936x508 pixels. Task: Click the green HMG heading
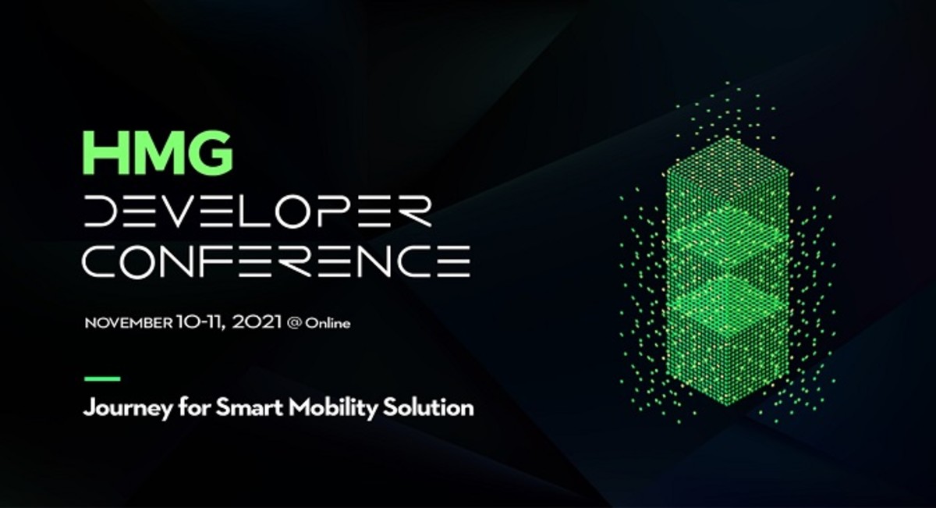pos(158,153)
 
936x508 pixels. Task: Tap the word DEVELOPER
pos(257,211)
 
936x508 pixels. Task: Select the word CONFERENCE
pos(277,261)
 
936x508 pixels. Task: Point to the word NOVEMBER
pos(128,323)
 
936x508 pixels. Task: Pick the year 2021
pos(257,322)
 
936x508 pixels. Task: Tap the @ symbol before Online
pos(294,323)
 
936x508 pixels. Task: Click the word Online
pos(327,324)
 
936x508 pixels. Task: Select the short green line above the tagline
pos(102,378)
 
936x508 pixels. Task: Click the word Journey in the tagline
pos(127,408)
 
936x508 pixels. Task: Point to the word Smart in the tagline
pos(249,407)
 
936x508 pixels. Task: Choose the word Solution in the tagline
pos(429,407)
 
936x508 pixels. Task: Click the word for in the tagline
pos(194,407)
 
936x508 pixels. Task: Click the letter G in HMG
pos(211,153)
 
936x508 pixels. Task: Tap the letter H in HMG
pos(103,153)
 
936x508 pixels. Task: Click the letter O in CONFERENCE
pos(135,261)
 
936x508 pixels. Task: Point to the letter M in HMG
pos(158,153)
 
